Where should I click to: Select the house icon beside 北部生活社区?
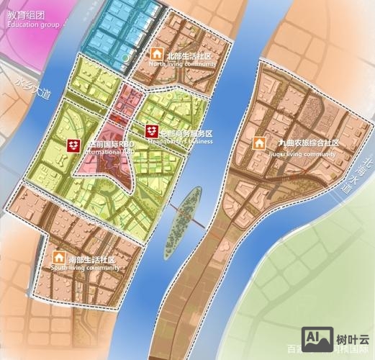click(155, 54)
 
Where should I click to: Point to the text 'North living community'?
click(183, 64)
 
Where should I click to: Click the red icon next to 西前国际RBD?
click(73, 145)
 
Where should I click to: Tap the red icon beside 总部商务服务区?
click(151, 131)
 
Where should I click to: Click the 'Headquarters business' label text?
click(181, 142)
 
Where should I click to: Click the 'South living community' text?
click(85, 268)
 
